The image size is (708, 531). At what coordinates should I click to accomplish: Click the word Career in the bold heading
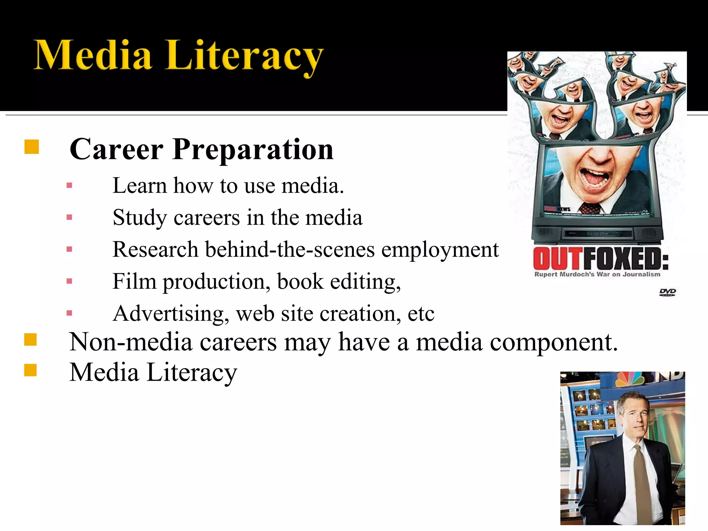[x=116, y=149]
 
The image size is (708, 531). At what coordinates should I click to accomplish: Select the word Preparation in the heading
[x=253, y=149]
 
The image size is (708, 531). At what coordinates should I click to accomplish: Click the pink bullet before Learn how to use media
[x=69, y=186]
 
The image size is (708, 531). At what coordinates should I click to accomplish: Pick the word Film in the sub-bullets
[x=134, y=281]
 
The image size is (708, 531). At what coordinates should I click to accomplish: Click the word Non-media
[x=131, y=342]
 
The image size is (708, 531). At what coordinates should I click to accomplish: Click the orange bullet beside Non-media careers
[x=30, y=339]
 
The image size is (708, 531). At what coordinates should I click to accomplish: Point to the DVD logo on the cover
[x=667, y=292]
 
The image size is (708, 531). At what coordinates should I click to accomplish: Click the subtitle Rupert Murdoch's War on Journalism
[x=597, y=274]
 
